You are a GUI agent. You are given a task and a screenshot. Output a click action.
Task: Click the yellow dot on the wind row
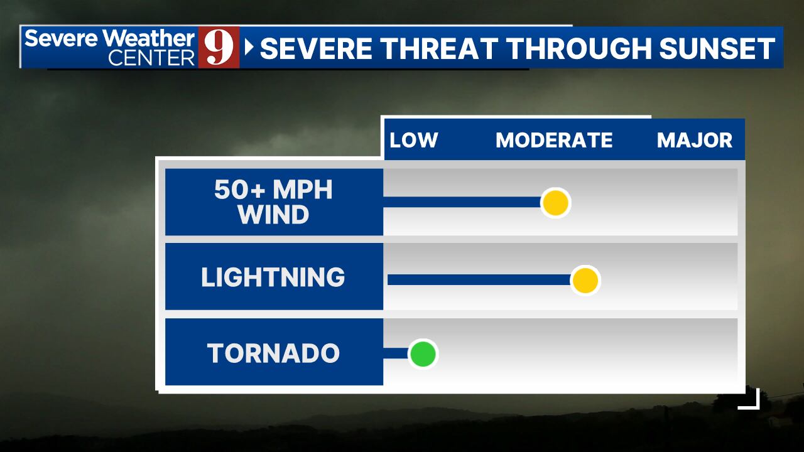coord(555,203)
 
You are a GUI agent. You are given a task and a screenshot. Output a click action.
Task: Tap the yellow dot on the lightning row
coord(585,280)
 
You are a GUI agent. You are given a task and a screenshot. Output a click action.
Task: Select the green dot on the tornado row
coord(423,354)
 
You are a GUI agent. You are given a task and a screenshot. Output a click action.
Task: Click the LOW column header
coord(413,140)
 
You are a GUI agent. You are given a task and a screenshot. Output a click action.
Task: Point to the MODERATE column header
coord(554,140)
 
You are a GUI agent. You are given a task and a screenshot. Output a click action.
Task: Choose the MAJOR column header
coord(694,140)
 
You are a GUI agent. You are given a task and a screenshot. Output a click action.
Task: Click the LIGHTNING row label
coord(273,277)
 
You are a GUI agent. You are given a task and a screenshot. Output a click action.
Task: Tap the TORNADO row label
coord(273,353)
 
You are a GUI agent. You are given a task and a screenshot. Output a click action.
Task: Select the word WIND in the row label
coord(273,215)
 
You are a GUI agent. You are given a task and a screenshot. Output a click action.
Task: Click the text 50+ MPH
coord(273,189)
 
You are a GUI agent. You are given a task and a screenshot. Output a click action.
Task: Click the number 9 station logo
coord(219,47)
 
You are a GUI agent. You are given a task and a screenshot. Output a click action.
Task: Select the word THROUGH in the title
coord(579,48)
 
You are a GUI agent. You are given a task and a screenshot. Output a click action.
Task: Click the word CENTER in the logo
coord(151,58)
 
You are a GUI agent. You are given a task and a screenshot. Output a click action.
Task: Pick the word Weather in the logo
coord(149,38)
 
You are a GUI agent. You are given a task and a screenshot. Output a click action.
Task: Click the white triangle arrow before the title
coord(249,47)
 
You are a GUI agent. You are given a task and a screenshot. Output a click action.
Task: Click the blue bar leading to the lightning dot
coord(479,280)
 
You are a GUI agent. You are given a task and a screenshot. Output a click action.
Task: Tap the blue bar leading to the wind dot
coord(462,202)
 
